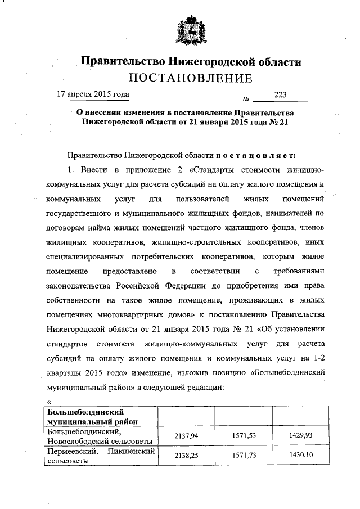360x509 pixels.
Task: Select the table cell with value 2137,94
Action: click(186, 435)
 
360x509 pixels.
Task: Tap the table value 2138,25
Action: click(186, 454)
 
